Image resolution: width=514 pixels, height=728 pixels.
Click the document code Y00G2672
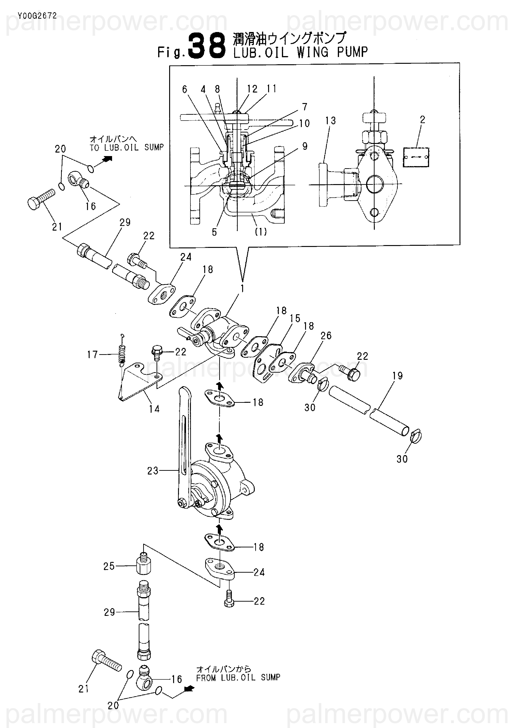37,16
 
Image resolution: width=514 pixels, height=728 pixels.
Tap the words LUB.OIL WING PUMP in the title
301,52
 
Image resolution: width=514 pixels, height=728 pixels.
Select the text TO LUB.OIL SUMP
127,147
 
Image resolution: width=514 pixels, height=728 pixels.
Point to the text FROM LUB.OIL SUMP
238,678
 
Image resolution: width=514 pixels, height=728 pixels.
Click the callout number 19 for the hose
397,376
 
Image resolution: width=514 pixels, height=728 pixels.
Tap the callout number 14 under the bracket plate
154,409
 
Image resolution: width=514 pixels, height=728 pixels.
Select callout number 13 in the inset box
331,121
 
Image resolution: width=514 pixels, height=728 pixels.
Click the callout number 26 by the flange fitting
326,335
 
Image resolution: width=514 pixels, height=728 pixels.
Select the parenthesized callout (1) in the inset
261,232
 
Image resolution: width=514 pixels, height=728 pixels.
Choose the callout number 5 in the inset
214,232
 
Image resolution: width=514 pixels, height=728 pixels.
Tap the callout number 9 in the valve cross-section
305,146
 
